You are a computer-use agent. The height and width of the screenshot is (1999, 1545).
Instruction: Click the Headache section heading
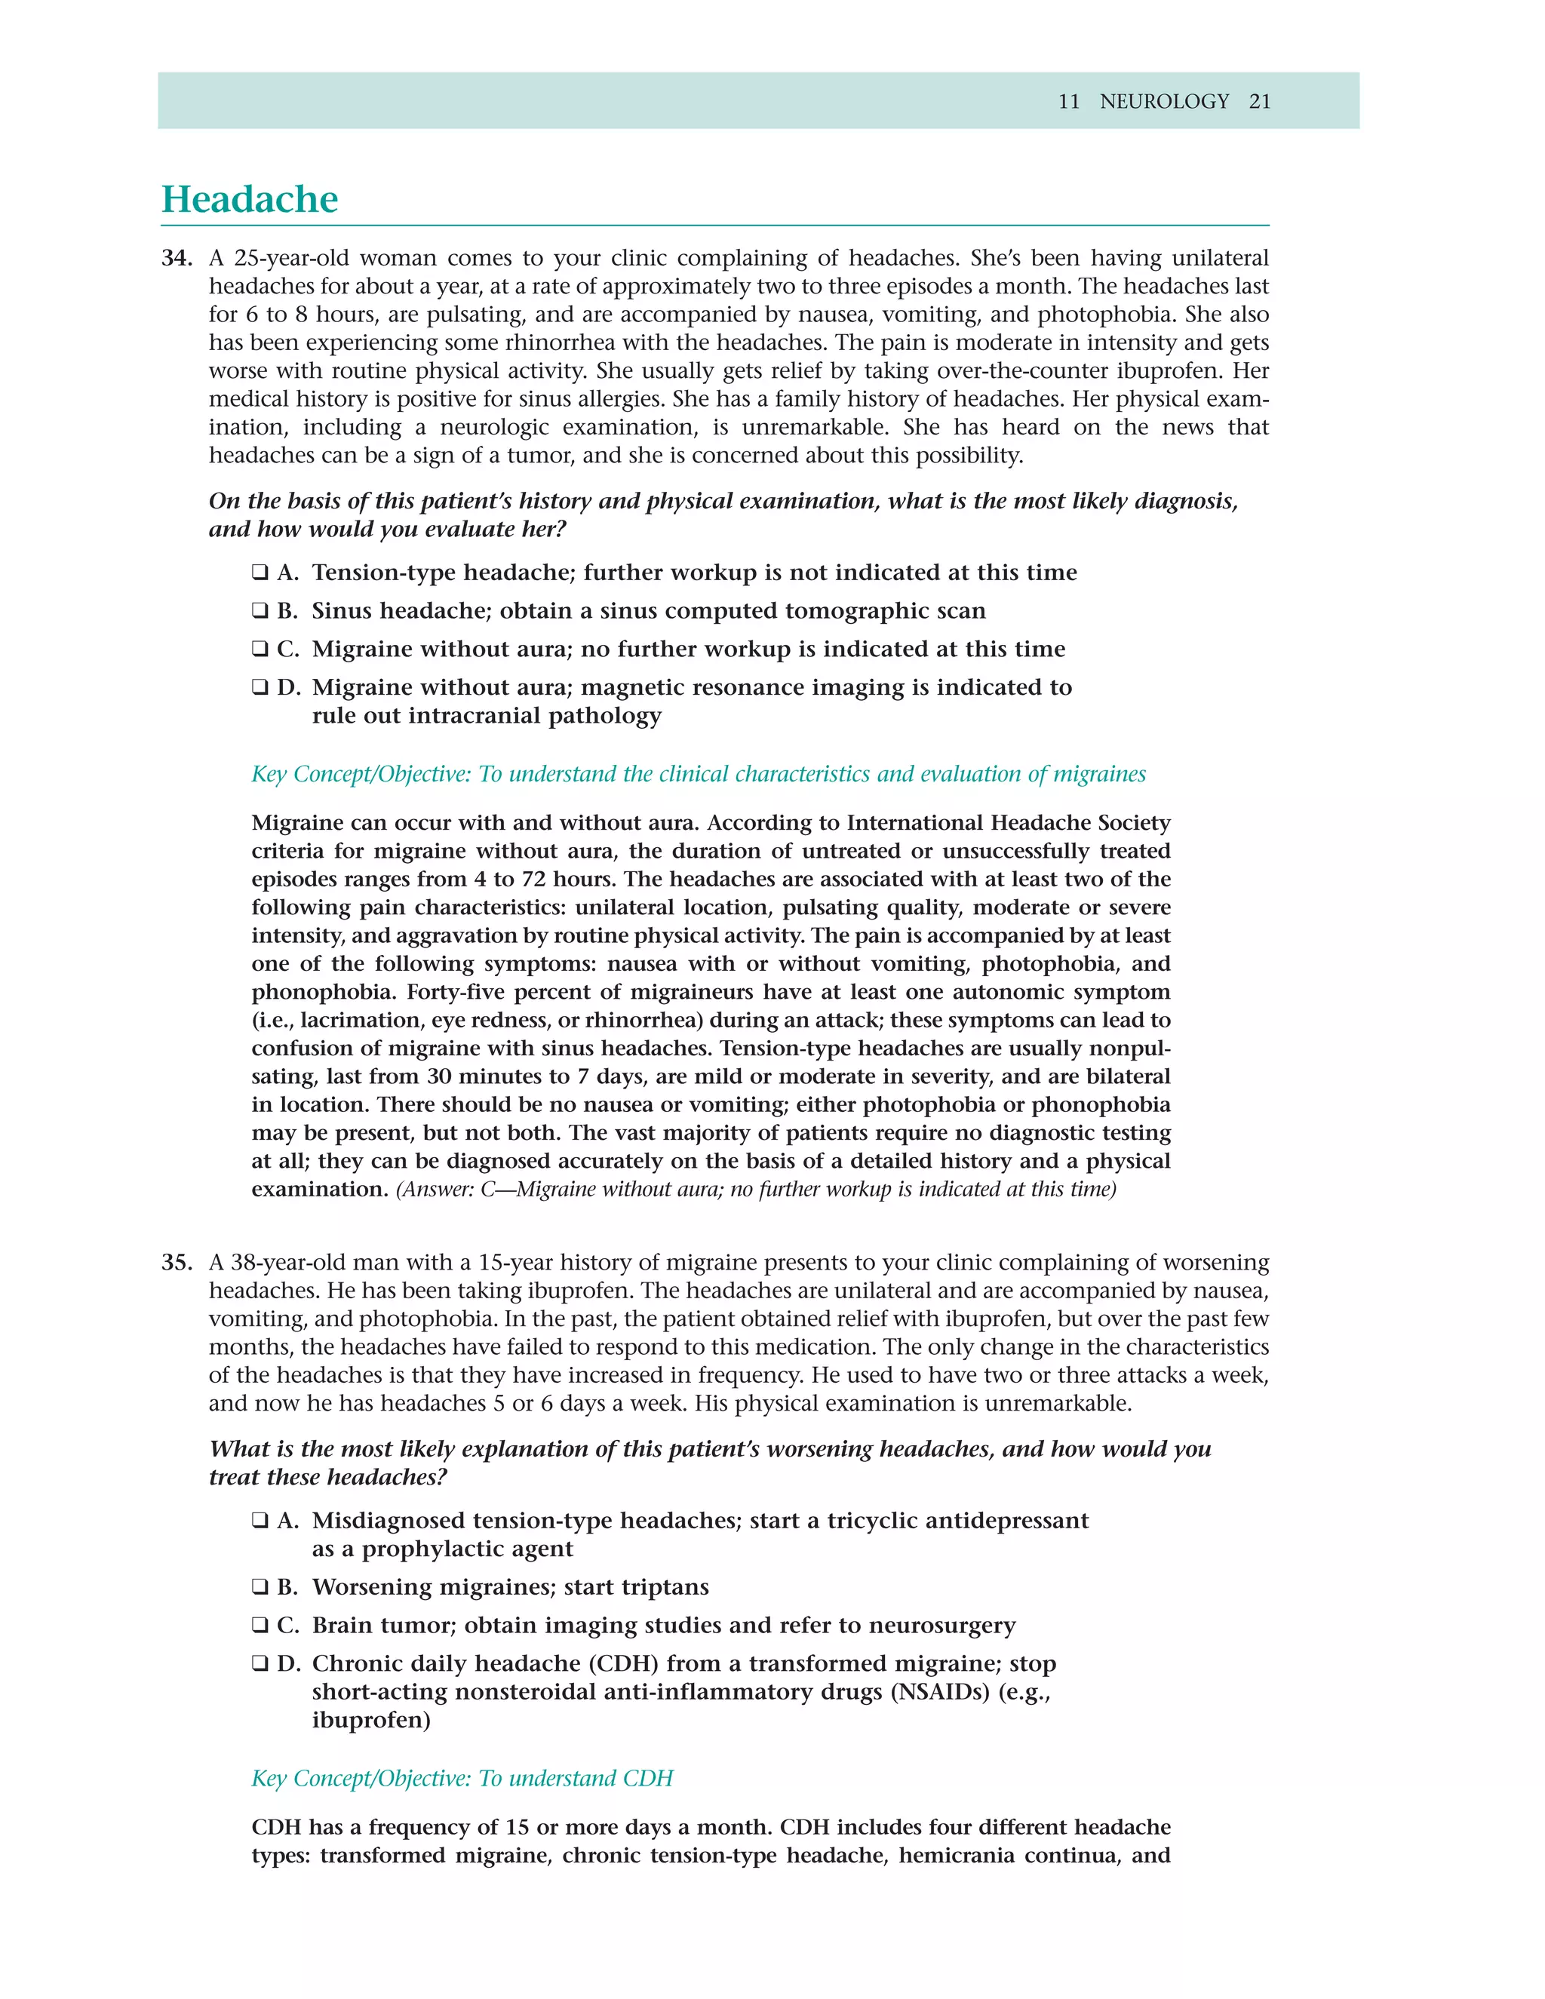point(249,200)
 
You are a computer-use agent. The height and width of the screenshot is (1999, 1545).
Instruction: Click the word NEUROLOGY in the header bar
point(1163,102)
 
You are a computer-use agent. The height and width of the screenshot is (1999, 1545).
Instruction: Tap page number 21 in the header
point(1259,102)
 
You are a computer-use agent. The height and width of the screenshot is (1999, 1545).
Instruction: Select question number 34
point(176,258)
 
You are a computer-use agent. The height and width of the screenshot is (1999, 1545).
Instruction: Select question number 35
point(176,1262)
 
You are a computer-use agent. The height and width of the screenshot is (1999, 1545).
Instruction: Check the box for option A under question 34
point(260,573)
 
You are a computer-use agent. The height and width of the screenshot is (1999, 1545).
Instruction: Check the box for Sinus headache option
point(260,612)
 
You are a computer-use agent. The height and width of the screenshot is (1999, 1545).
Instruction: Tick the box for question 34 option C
point(260,649)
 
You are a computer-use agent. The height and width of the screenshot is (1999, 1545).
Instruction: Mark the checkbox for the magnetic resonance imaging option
point(260,688)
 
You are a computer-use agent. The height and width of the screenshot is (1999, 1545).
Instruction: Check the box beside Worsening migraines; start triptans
point(260,1587)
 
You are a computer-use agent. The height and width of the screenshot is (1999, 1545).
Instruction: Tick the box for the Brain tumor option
point(260,1626)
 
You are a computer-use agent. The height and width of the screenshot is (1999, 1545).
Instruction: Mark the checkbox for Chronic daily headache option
point(260,1664)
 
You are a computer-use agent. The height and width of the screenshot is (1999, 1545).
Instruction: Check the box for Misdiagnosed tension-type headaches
point(260,1522)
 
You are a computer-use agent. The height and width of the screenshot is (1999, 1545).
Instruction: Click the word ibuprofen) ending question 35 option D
point(370,1721)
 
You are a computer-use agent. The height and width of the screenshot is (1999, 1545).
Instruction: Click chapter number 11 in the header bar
point(1068,102)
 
